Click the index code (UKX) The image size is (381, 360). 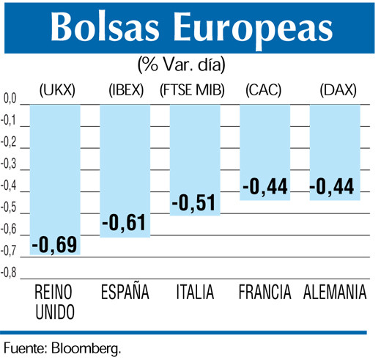click(56, 91)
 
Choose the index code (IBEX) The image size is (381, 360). click(125, 91)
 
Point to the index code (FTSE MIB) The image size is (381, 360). click(195, 91)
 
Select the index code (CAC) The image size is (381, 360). click(265, 91)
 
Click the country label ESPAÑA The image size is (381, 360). click(125, 293)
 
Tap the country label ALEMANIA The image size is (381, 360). click(334, 293)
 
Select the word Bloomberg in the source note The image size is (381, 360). click(84, 345)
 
